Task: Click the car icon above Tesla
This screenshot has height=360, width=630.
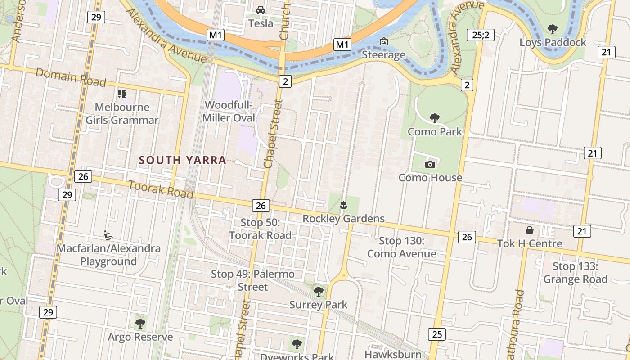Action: [260, 10]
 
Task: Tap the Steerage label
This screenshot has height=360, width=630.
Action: [384, 55]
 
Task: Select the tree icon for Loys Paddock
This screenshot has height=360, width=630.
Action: [553, 29]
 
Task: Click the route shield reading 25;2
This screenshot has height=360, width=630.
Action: [481, 35]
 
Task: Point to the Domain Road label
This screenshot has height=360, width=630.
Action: [71, 77]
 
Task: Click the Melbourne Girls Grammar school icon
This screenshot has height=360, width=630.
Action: [121, 94]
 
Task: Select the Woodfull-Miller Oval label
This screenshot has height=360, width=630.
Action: [229, 112]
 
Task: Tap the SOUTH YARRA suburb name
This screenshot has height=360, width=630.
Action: [182, 160]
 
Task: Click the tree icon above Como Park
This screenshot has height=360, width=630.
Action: [434, 118]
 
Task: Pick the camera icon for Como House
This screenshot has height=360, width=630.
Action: [430, 164]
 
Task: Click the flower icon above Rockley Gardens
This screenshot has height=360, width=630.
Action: [344, 206]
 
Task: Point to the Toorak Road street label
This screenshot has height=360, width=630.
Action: [161, 189]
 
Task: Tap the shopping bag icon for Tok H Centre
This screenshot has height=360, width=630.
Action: [530, 230]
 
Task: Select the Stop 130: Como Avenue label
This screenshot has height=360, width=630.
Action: [401, 247]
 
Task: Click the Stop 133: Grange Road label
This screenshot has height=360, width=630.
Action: [575, 273]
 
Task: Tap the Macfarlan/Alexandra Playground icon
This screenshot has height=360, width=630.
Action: [108, 234]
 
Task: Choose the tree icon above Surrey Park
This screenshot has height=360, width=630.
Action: [318, 291]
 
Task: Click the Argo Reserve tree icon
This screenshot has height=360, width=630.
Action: [140, 323]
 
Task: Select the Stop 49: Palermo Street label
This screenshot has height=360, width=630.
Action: [253, 280]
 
